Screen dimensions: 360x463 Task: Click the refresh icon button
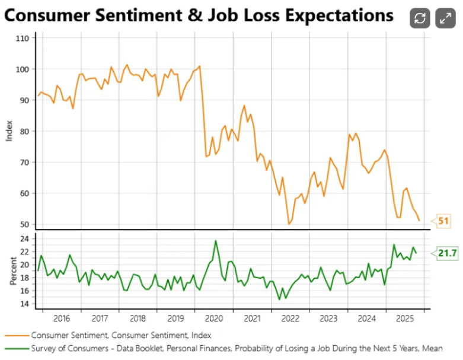(420, 18)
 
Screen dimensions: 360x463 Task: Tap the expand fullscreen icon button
(445, 18)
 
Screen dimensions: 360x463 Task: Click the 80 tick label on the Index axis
(23, 131)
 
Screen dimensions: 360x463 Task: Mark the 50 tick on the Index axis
(23, 224)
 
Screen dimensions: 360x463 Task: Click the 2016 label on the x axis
(61, 318)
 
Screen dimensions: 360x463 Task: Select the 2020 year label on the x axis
(214, 318)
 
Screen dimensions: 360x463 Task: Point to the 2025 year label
(405, 318)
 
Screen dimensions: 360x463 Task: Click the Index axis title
(9, 131)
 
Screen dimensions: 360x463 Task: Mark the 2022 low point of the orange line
(289, 224)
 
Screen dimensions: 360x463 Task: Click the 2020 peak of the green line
(215, 240)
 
